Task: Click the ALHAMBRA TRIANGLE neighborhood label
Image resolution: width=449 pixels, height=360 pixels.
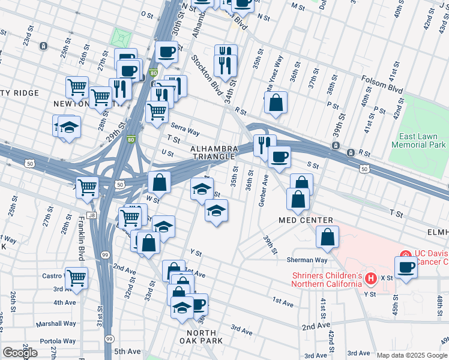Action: (212, 152)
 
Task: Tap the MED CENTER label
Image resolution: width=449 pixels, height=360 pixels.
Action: (306, 221)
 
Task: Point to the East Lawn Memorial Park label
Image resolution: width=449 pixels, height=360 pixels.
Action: (418, 140)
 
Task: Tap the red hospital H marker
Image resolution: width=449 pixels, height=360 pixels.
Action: (371, 278)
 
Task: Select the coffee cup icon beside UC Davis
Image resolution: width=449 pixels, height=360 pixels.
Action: (406, 267)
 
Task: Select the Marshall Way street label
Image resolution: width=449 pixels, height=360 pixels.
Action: (55, 323)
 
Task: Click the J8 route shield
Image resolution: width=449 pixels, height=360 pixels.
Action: (91, 214)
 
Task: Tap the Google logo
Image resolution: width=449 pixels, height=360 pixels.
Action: (20, 353)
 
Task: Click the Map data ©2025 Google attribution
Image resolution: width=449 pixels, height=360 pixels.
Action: (411, 355)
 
